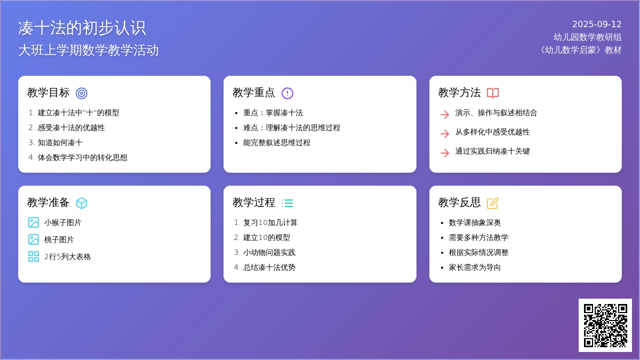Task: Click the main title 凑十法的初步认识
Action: (x=82, y=28)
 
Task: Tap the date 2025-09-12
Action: (x=597, y=25)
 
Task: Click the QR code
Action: (x=605, y=325)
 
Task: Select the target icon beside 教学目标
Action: (x=82, y=93)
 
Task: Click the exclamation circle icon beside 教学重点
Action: (x=287, y=93)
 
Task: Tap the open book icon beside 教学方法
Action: (x=493, y=93)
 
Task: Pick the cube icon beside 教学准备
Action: (x=82, y=203)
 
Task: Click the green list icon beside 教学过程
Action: (x=287, y=203)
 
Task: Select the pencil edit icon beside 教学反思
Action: (x=493, y=203)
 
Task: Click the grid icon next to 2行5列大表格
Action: (x=34, y=257)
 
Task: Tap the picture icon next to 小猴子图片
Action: (x=34, y=222)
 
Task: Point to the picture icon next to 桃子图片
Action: (x=34, y=239)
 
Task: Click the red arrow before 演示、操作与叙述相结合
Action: (x=445, y=115)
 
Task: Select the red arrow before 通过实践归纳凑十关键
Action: (x=445, y=153)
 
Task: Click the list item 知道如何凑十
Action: (x=60, y=142)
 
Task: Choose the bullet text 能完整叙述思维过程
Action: (x=277, y=142)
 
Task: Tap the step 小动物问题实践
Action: (x=269, y=253)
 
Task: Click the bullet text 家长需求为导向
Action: (x=475, y=267)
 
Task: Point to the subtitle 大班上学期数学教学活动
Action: (x=89, y=50)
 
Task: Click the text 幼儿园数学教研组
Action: (x=587, y=37)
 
